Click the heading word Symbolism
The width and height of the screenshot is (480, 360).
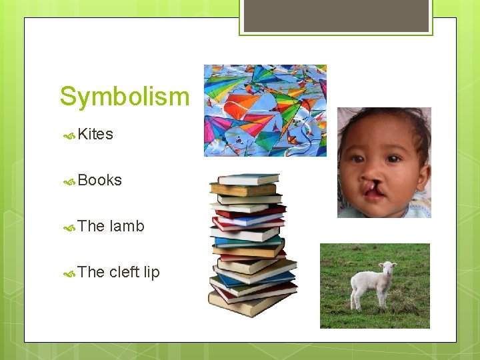[x=125, y=97]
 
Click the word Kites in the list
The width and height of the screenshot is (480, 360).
[x=95, y=135]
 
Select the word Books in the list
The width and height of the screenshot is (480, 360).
[x=99, y=181]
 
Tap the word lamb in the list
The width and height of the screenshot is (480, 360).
[x=127, y=227]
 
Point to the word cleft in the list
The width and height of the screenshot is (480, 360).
[x=124, y=273]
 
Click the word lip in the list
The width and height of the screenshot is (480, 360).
[x=152, y=273]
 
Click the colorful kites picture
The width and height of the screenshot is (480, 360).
[x=265, y=111]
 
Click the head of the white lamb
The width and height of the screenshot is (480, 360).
[x=387, y=269]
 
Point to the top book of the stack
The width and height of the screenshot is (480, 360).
[x=248, y=179]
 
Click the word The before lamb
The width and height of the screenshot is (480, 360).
[x=91, y=227]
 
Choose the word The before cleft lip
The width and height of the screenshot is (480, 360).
[x=91, y=273]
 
